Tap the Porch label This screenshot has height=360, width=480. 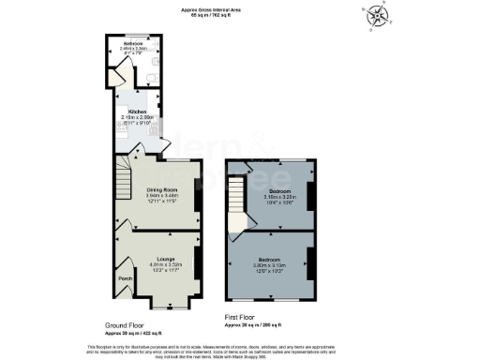(x=123, y=278)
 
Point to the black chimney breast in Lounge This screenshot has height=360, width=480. (x=198, y=265)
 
